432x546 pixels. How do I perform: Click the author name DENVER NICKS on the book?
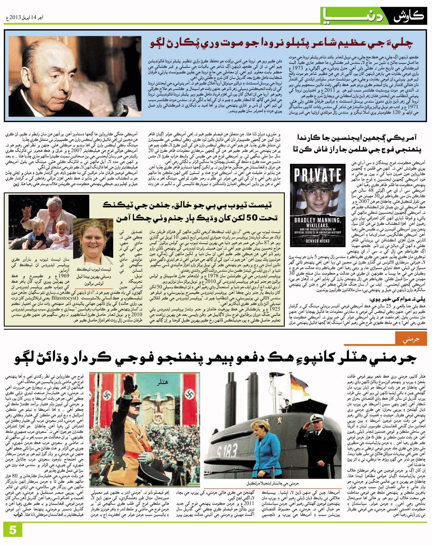pos(318,241)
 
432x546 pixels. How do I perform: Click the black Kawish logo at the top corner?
pos(409,15)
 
